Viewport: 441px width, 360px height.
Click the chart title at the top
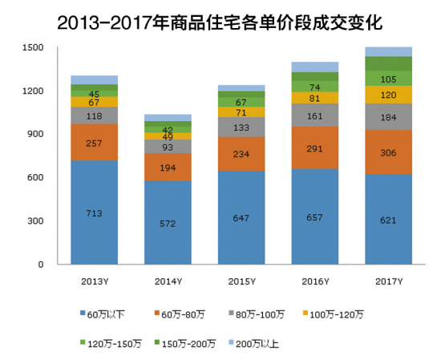220,22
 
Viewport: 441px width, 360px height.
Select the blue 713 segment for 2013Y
94,212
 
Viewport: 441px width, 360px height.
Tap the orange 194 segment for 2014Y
168,167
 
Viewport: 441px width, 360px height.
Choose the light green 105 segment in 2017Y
388,78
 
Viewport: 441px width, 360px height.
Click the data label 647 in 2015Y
241,217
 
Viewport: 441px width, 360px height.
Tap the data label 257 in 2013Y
94,142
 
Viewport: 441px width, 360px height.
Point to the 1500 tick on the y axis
33,48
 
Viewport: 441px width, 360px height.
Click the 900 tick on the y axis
35,135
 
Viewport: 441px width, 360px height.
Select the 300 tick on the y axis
35,221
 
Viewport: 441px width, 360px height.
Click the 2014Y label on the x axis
168,281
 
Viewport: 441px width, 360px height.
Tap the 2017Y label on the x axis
388,281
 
